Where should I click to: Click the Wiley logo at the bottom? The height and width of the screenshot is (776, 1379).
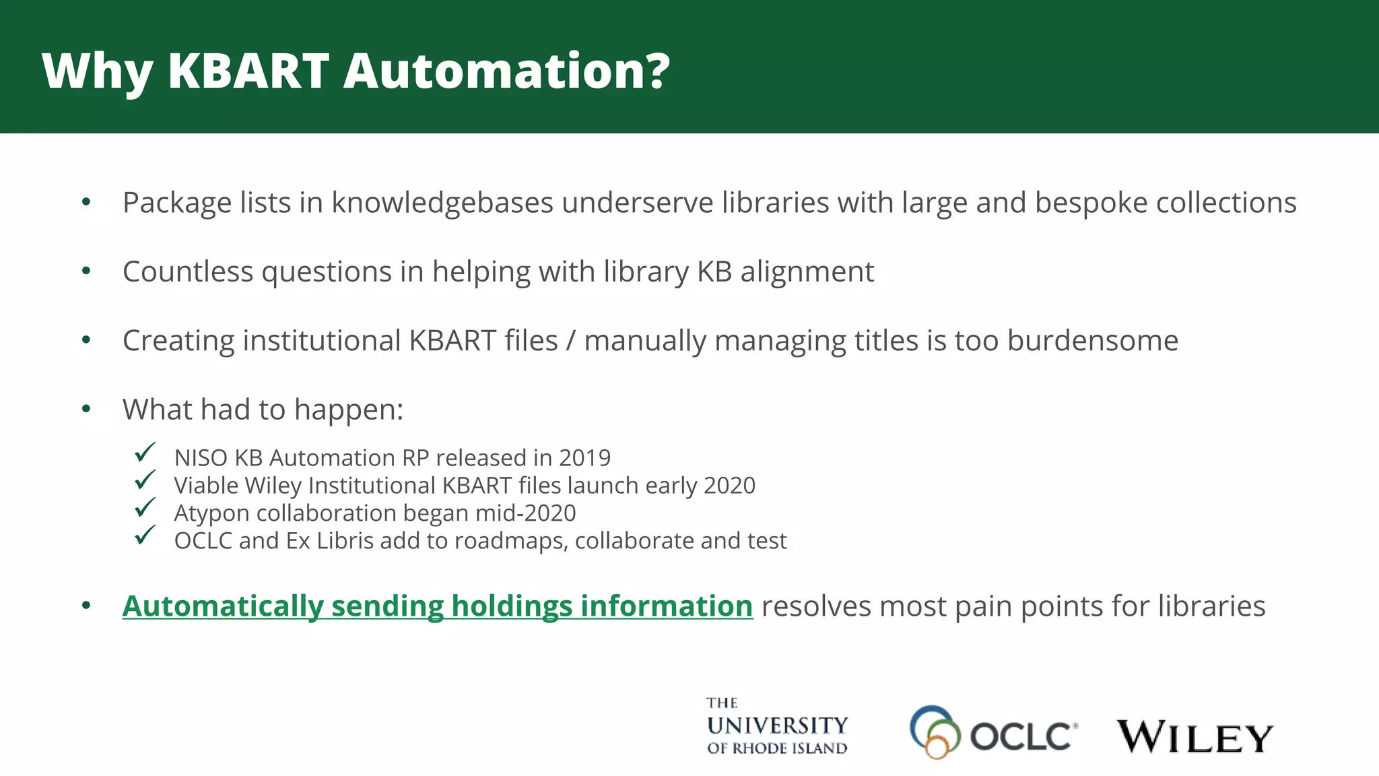coord(1195,736)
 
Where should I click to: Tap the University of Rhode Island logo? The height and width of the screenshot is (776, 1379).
coord(777,726)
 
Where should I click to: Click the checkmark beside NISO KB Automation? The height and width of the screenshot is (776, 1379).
coord(145,452)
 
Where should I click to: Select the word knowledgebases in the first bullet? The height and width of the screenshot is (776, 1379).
coord(442,203)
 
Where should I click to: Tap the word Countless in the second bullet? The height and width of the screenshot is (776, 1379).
coord(188,271)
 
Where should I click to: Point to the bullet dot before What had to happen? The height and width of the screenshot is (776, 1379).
coord(86,408)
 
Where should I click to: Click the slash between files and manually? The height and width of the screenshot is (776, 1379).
coord(571,341)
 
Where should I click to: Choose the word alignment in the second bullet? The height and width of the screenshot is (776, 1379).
coord(807,271)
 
